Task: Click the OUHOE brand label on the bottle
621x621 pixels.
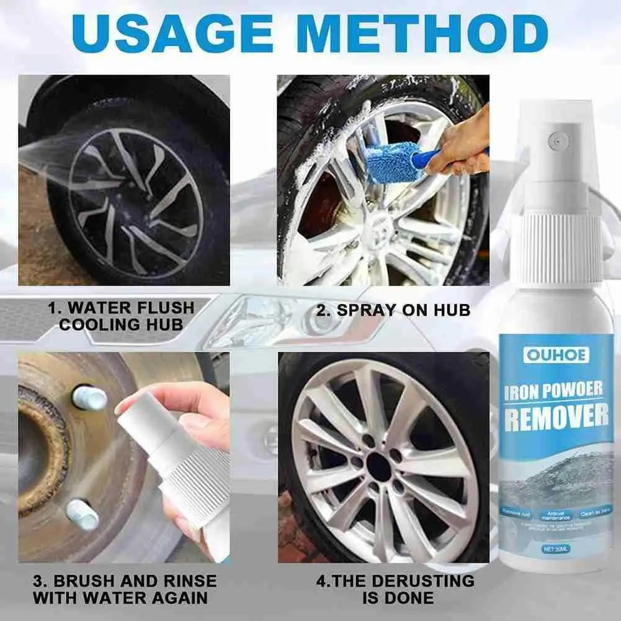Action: pos(548,354)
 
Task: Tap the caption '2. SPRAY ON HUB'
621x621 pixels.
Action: pos(393,310)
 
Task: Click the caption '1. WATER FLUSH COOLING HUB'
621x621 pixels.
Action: pos(122,316)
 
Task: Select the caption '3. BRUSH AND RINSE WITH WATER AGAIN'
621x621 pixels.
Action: pos(125,589)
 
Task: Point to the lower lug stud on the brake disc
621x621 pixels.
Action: pos(83,514)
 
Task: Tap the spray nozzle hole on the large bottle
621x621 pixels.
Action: pos(558,141)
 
